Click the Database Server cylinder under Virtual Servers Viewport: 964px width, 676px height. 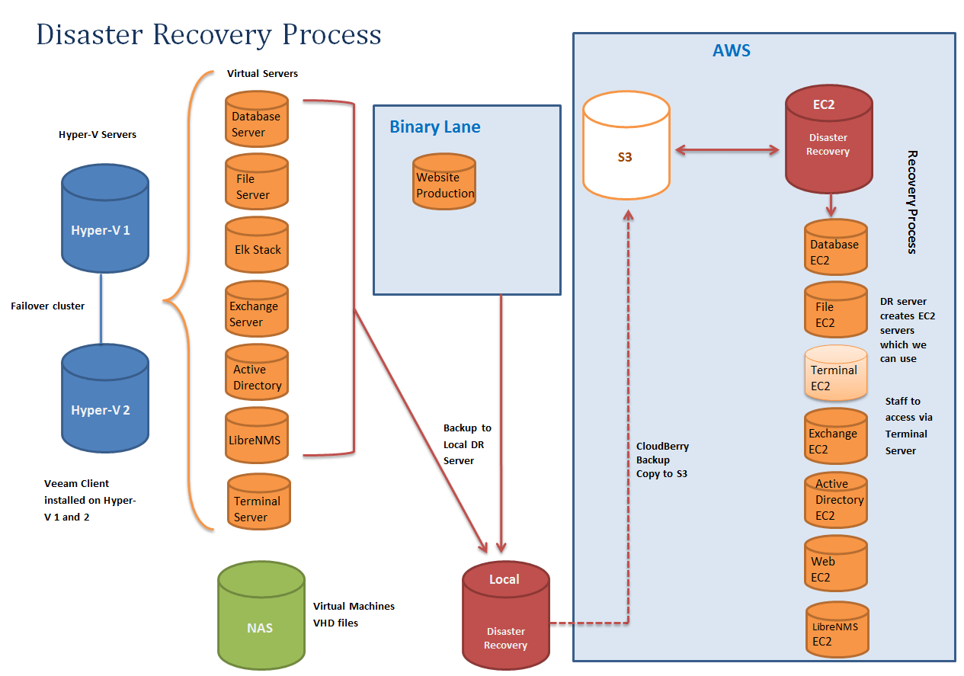[x=257, y=119]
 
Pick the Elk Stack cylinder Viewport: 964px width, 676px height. [x=257, y=245]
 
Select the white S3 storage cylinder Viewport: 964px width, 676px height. [x=626, y=152]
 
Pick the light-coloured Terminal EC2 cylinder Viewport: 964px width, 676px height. [x=836, y=373]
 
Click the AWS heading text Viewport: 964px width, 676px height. [x=731, y=51]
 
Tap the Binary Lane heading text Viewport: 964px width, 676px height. [x=435, y=127]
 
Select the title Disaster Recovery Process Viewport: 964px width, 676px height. [x=209, y=35]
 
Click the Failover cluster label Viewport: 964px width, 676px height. [x=48, y=306]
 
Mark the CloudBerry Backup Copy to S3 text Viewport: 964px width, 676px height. [x=662, y=460]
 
